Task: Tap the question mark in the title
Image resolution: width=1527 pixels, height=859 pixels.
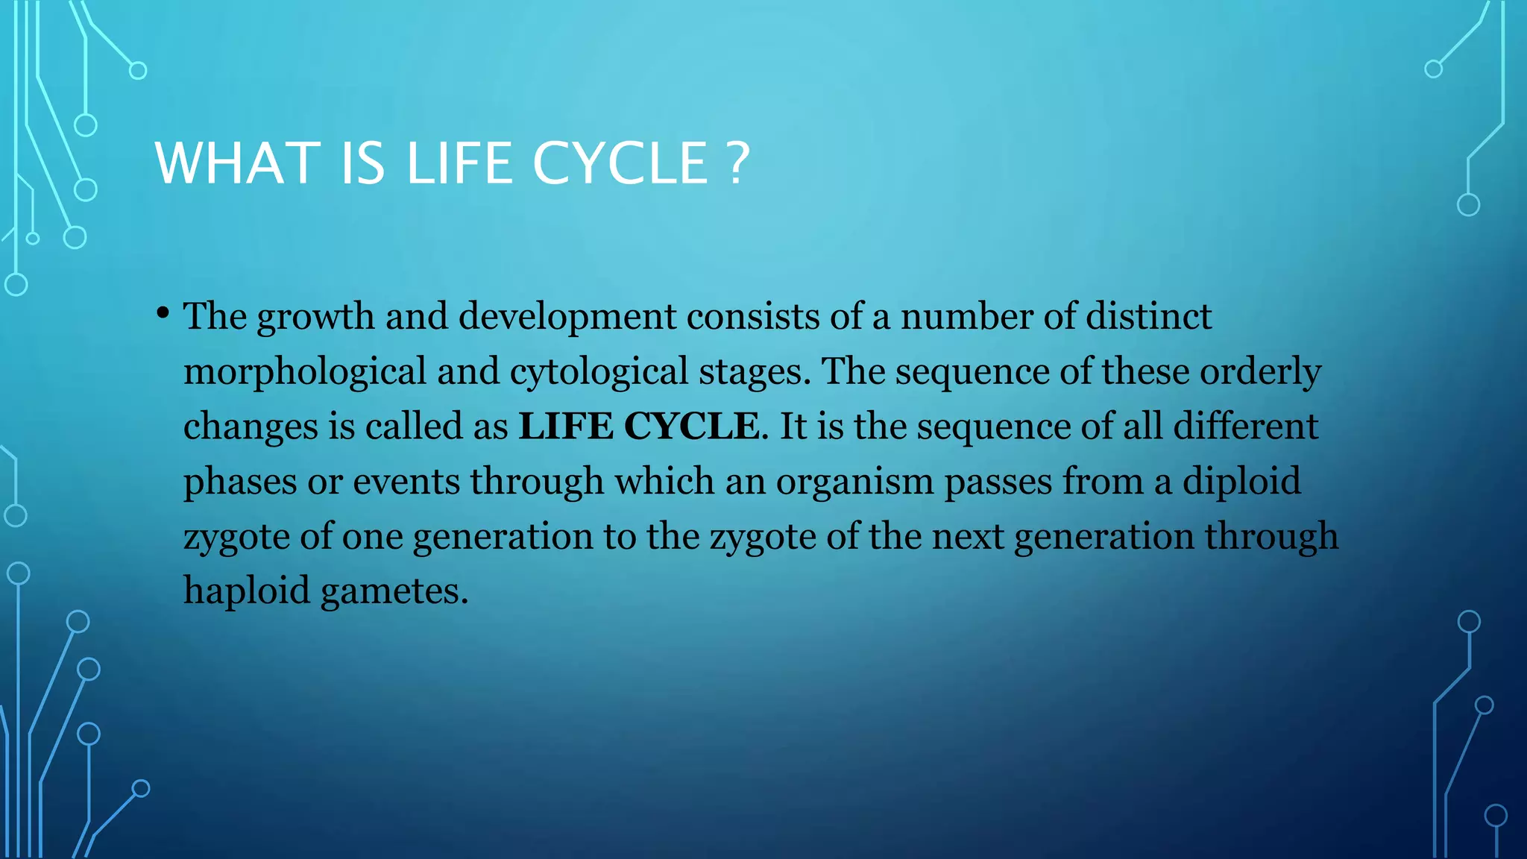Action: [737, 163]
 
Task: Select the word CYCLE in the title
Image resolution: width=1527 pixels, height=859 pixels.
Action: [620, 163]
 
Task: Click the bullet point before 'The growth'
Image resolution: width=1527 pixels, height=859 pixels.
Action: [163, 313]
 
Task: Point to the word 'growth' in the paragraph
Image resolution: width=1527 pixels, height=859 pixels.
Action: [315, 317]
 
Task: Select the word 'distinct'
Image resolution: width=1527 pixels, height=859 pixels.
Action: [1148, 315]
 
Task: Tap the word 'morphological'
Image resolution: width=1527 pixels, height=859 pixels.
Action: [305, 371]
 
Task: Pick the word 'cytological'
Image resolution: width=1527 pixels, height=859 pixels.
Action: [599, 371]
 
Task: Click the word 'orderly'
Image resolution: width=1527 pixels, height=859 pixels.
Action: [1260, 371]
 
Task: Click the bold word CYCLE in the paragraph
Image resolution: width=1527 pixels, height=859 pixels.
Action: [691, 427]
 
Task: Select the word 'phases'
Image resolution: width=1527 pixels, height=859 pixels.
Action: [240, 482]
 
